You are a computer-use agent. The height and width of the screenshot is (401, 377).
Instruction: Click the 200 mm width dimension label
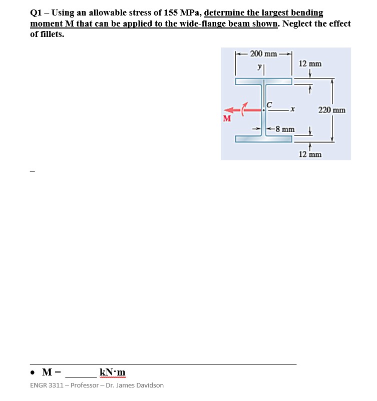pyautogui.click(x=263, y=53)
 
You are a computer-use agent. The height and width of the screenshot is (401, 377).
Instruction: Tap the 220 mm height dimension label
pyautogui.click(x=331, y=109)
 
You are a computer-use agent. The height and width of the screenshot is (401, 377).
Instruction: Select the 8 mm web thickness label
pyautogui.click(x=284, y=129)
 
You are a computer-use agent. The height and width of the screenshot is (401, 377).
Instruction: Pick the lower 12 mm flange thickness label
pyautogui.click(x=310, y=154)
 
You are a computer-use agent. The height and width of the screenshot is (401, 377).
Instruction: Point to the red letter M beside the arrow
pyautogui.click(x=227, y=118)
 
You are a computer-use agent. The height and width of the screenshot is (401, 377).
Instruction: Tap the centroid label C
pyautogui.click(x=269, y=104)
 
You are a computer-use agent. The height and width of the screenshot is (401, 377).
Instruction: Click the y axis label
pyautogui.click(x=259, y=66)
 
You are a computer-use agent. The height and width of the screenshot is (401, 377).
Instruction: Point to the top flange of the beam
pyautogui.click(x=263, y=81)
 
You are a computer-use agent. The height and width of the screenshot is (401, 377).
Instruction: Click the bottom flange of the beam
pyautogui.click(x=263, y=138)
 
